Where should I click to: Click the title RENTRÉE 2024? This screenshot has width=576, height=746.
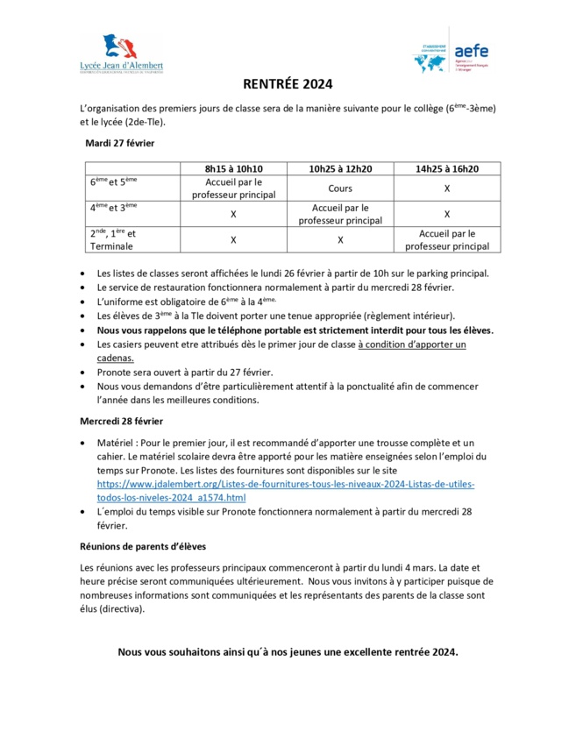coord(288,86)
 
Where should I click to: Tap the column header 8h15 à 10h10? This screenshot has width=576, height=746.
coord(233,168)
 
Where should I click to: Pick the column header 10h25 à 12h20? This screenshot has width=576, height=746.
coord(340,168)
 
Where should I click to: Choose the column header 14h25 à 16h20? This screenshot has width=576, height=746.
coord(446,168)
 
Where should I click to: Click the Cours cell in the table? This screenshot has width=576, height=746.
coord(340,188)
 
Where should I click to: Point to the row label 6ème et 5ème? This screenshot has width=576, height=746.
coord(114,182)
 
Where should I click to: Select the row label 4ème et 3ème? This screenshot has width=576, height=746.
coord(114,208)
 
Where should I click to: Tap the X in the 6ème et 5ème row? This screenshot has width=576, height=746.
coord(446,188)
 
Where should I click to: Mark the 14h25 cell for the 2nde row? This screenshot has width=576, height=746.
coord(446,240)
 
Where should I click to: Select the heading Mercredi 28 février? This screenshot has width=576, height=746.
coord(125,422)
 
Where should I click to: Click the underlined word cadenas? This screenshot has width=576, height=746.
coord(116,358)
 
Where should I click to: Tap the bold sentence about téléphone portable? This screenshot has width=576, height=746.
coord(295,330)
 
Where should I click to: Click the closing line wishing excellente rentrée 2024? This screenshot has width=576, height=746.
coord(288,652)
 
